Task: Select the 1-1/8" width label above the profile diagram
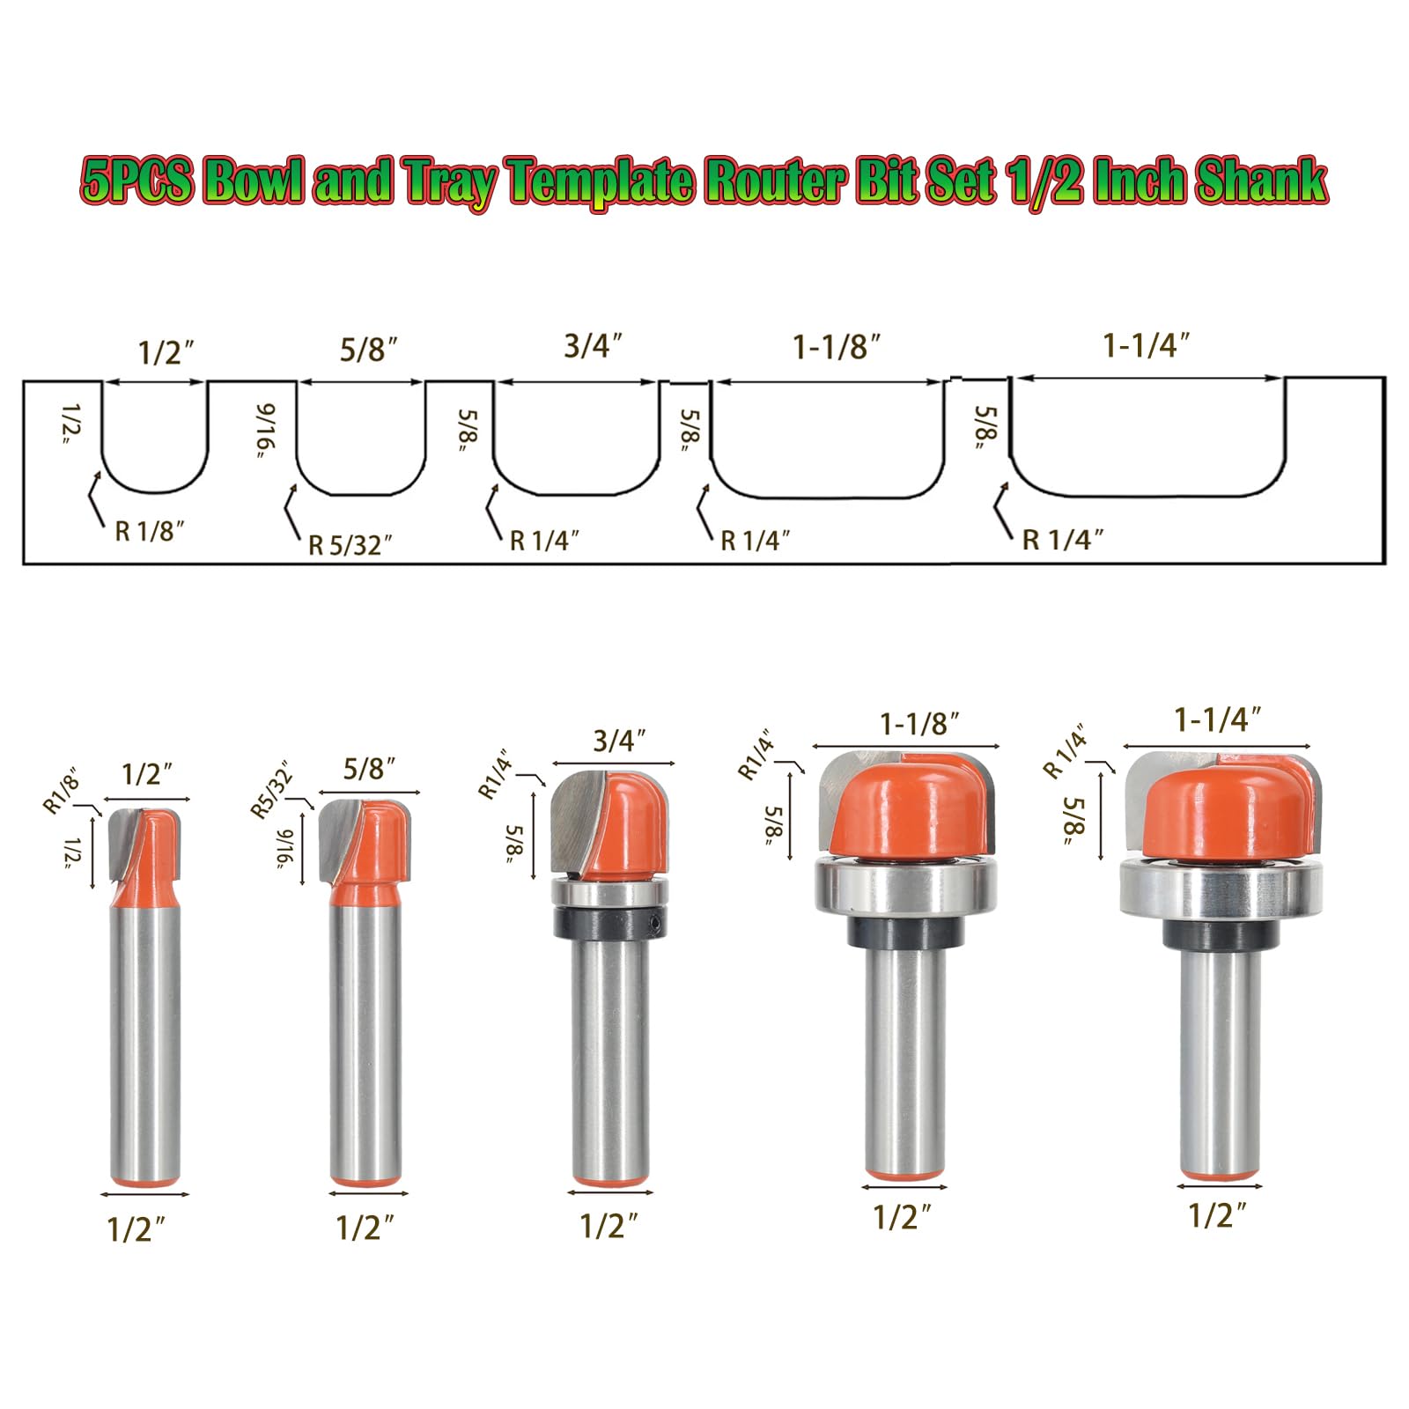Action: tap(836, 348)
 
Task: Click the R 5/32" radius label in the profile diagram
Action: tap(350, 545)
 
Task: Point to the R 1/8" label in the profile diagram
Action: tap(150, 531)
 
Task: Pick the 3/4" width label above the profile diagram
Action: tap(594, 346)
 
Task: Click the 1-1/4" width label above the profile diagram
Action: tap(1147, 346)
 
